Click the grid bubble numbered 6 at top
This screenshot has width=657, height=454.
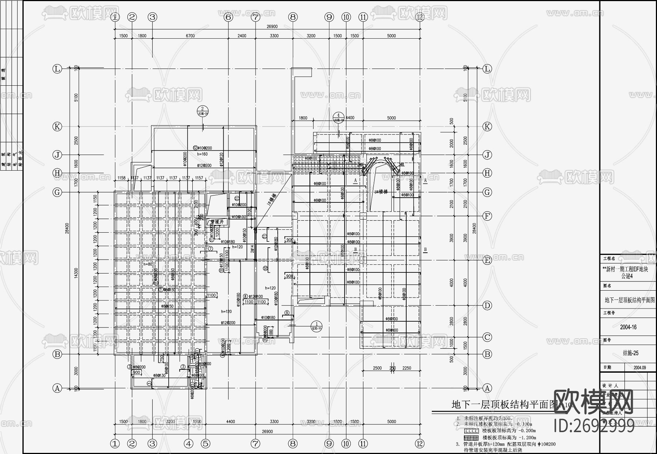228,17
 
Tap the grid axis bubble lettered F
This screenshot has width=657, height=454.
487,216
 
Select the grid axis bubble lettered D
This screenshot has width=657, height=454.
487,306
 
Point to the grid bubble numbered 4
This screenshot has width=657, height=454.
188,443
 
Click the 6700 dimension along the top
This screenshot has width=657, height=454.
190,36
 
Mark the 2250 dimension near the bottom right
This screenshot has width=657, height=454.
407,368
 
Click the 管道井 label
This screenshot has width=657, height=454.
218,222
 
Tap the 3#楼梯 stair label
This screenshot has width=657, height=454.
381,192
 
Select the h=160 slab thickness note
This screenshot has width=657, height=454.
202,154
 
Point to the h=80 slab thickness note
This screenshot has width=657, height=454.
147,264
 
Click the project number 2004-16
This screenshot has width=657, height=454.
628,327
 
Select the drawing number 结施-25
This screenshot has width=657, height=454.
630,353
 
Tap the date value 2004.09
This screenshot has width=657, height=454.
639,368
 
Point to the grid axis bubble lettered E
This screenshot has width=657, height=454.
487,260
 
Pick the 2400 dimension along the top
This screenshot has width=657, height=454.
242,36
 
